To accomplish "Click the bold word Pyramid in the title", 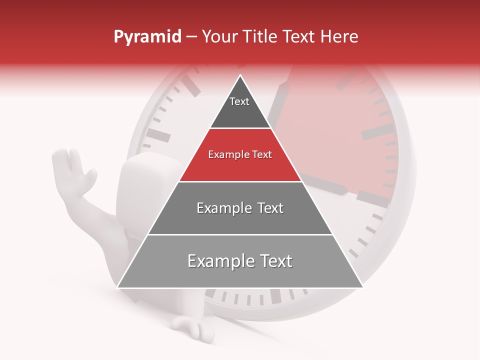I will tap(147, 37).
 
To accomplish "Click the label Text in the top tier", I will tap(239, 101).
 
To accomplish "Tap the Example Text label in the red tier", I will tap(240, 154).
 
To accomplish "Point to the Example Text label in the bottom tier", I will tap(240, 261).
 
